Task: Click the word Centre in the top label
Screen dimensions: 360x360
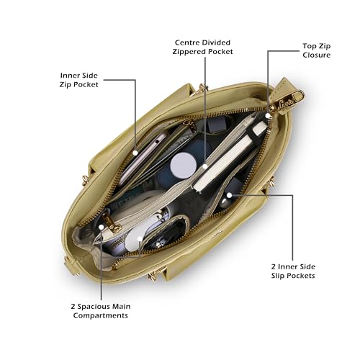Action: pyautogui.click(x=186, y=42)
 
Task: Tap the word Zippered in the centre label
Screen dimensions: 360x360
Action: pyautogui.click(x=189, y=52)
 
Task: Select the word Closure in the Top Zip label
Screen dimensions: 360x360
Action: pyautogui.click(x=316, y=55)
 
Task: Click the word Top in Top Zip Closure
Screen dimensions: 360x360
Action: pyautogui.click(x=308, y=46)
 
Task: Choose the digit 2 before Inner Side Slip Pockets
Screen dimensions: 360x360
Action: pyautogui.click(x=274, y=266)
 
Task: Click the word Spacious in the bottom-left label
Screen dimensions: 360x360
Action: pyautogui.click(x=94, y=307)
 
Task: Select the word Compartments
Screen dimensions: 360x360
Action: pyautogui.click(x=100, y=315)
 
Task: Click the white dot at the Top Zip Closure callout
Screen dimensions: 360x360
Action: pyautogui.click(x=268, y=116)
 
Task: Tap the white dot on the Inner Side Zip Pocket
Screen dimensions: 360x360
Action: pyautogui.click(x=135, y=153)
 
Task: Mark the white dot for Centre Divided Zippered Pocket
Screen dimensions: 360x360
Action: pyautogui.click(x=204, y=166)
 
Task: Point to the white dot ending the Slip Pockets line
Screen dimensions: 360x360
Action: pyautogui.click(x=229, y=195)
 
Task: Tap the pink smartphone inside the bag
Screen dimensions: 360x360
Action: pyautogui.click(x=142, y=158)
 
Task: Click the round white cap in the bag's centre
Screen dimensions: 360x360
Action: pyautogui.click(x=184, y=166)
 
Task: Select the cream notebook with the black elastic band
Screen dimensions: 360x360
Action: pyautogui.click(x=229, y=158)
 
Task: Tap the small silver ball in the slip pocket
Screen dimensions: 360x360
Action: pyautogui.click(x=224, y=204)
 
